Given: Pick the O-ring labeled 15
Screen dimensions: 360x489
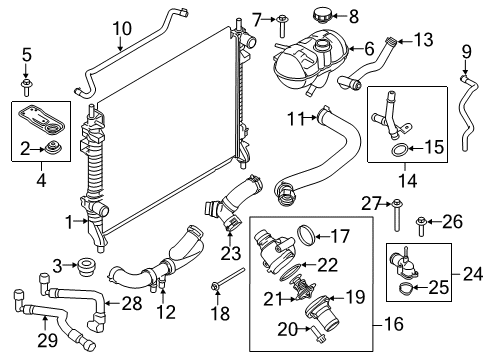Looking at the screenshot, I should pos(397,151).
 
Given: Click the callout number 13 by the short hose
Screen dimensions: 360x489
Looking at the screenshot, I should pos(424,40).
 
